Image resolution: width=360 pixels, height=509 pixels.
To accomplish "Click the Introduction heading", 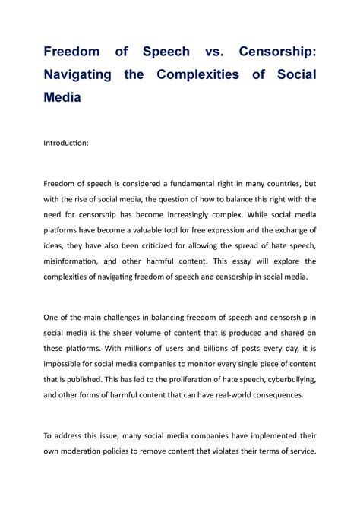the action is [66, 141].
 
